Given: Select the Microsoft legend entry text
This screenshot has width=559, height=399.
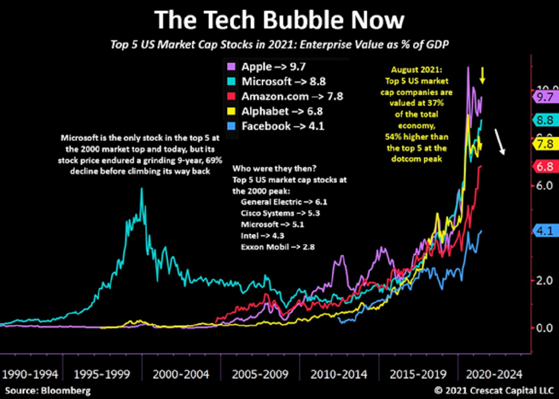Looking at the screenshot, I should click(x=283, y=82).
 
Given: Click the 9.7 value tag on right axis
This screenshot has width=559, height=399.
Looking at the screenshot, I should click(x=544, y=97).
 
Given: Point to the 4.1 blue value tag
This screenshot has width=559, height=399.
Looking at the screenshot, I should click(x=544, y=230).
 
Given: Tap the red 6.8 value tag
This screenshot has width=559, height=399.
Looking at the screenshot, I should click(x=544, y=166).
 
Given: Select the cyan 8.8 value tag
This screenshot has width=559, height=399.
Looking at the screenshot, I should click(x=544, y=120).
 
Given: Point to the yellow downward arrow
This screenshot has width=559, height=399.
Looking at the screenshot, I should click(x=484, y=75).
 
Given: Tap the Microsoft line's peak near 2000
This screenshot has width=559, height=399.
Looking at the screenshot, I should click(x=142, y=189).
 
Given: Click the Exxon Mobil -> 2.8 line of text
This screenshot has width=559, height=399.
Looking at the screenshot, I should click(x=278, y=246).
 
